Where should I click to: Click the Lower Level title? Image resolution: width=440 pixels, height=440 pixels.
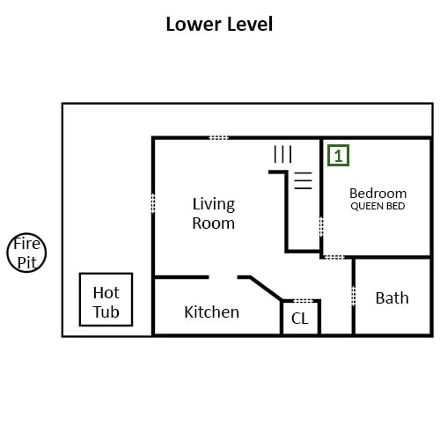click(x=219, y=24)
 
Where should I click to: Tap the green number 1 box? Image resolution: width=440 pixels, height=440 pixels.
click(x=338, y=156)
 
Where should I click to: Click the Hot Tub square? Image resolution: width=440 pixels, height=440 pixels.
click(x=106, y=274)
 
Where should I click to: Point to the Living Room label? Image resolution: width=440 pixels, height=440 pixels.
click(x=214, y=213)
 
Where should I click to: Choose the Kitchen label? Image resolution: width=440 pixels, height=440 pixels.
click(x=211, y=312)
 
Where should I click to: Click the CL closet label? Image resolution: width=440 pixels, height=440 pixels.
click(x=300, y=319)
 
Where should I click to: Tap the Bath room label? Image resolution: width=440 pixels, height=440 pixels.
click(x=392, y=298)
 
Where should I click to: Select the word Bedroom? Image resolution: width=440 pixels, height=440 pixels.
click(x=378, y=194)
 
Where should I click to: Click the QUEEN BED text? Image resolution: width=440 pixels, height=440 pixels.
click(x=378, y=206)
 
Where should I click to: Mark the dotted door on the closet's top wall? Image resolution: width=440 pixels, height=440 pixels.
click(x=304, y=301)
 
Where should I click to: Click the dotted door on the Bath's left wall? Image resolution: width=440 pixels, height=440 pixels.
click(x=354, y=296)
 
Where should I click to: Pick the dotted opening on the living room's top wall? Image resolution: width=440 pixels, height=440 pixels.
click(x=218, y=137)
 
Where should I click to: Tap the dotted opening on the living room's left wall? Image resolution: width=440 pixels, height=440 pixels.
click(x=153, y=202)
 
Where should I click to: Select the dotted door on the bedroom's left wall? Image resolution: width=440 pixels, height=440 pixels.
click(x=321, y=226)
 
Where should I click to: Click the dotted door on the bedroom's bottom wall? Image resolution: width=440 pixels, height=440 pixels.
click(x=334, y=257)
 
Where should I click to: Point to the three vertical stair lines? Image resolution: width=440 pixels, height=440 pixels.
click(x=282, y=154)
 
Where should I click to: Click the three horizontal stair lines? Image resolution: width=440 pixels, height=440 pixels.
click(x=303, y=180)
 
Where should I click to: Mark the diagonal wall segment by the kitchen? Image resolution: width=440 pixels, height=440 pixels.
click(x=266, y=289)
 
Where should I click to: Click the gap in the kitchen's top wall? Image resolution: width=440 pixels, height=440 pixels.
click(x=223, y=277)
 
